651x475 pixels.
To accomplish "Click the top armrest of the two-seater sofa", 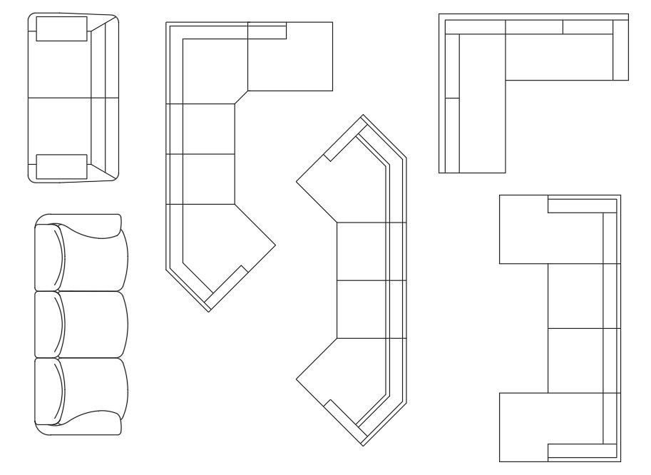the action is point(61,29).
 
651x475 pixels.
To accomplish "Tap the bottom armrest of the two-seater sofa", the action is point(61,166).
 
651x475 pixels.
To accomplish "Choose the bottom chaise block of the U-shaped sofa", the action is point(524,427).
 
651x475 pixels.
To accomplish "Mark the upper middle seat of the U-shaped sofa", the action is point(575,295).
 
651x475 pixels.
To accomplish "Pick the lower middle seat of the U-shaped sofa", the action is point(575,360).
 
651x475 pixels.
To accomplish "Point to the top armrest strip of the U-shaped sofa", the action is point(581,205).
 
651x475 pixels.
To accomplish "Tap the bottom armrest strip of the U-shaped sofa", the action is point(581,451).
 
